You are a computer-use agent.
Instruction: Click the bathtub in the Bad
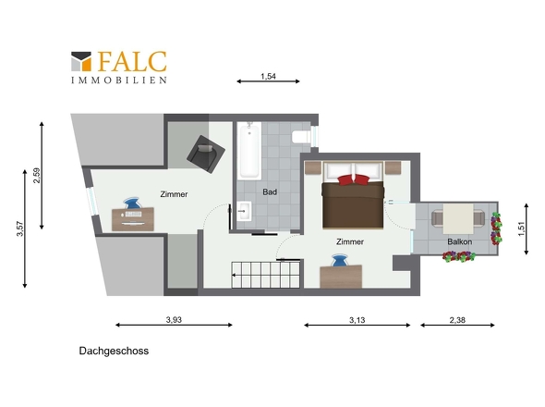tap(249, 151)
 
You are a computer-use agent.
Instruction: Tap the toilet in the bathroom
tap(301, 137)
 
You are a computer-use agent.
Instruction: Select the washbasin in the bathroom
tap(244, 211)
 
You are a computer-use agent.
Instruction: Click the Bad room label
tap(270, 191)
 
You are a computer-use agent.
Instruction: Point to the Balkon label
tap(459, 241)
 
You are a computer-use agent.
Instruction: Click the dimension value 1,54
tap(268, 76)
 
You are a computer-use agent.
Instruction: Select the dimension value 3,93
tap(174, 320)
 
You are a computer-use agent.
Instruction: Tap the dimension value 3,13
tap(357, 320)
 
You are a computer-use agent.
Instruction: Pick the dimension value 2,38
tap(457, 320)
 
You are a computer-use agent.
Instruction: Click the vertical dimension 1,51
tap(521, 228)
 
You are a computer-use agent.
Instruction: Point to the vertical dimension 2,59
tap(37, 176)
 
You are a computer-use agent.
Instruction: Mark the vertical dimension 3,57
tap(19, 228)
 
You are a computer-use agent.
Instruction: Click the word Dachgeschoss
tap(114, 351)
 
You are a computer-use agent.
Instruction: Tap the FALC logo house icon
tap(81, 62)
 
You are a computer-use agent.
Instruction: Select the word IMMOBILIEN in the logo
tap(119, 80)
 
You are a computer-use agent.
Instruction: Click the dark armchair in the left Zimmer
tap(206, 154)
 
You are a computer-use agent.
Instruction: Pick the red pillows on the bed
tap(353, 180)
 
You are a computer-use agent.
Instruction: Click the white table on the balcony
tap(458, 219)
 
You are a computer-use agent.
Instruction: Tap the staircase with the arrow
tap(265, 275)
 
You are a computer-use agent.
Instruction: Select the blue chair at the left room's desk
tap(132, 203)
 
